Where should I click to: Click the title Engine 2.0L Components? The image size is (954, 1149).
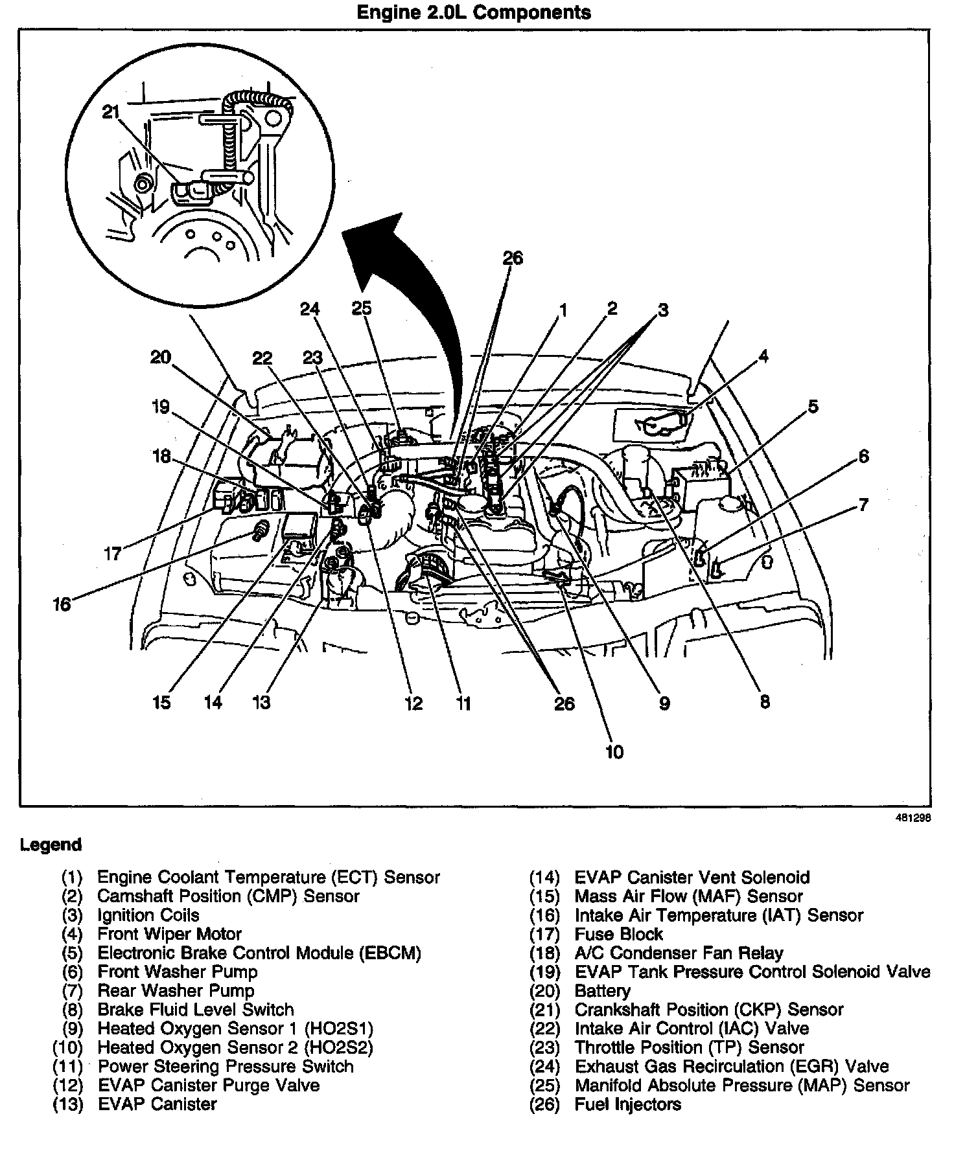coord(474,12)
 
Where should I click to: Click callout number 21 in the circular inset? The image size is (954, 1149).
coord(111,112)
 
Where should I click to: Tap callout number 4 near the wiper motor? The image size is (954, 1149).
coord(763,356)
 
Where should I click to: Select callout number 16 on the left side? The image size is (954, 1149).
coord(62,606)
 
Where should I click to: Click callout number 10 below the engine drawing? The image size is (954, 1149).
coord(614,751)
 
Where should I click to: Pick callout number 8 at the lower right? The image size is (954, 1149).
coord(765,701)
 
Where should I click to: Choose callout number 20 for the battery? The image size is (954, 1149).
coord(160,357)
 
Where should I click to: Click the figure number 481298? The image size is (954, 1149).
coord(914,817)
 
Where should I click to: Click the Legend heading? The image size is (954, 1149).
coord(51,845)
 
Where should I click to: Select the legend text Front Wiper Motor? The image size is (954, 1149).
coord(169,934)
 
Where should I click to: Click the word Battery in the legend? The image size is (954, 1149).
coord(602,990)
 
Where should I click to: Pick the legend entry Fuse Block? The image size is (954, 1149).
coord(618,934)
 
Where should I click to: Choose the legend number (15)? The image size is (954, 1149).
coord(544,896)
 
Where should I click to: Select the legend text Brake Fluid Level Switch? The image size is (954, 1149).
coord(195,1009)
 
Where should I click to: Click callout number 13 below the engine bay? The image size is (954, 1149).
coord(261,702)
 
